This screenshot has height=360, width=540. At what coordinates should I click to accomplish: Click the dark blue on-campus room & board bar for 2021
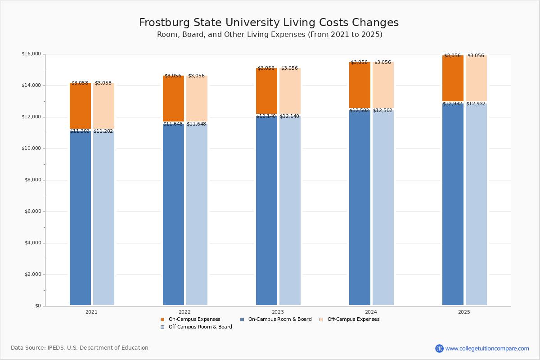click(80, 218)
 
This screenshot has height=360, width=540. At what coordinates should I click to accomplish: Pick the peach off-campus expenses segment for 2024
click(383, 85)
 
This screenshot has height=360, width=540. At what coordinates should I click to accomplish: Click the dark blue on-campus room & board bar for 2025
click(453, 205)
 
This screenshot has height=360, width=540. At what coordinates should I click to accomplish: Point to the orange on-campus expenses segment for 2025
click(453, 79)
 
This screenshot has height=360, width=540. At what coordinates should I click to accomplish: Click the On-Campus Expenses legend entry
click(194, 319)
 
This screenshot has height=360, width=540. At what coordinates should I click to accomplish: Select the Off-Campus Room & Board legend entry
click(200, 327)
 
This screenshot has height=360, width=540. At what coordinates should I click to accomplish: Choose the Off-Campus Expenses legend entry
click(353, 319)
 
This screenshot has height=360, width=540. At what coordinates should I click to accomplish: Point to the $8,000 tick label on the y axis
click(31, 180)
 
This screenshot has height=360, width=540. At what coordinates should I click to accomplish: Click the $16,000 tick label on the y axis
click(31, 54)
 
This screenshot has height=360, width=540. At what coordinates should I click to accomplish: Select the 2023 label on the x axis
click(278, 312)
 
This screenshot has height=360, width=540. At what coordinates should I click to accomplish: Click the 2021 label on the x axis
click(91, 312)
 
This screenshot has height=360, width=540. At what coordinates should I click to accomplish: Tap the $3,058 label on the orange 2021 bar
click(80, 83)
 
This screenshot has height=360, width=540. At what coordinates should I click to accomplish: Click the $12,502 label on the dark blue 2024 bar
click(359, 111)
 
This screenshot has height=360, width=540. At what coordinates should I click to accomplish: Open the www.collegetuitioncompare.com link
click(487, 348)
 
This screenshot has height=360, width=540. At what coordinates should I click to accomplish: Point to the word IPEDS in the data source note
click(57, 348)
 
